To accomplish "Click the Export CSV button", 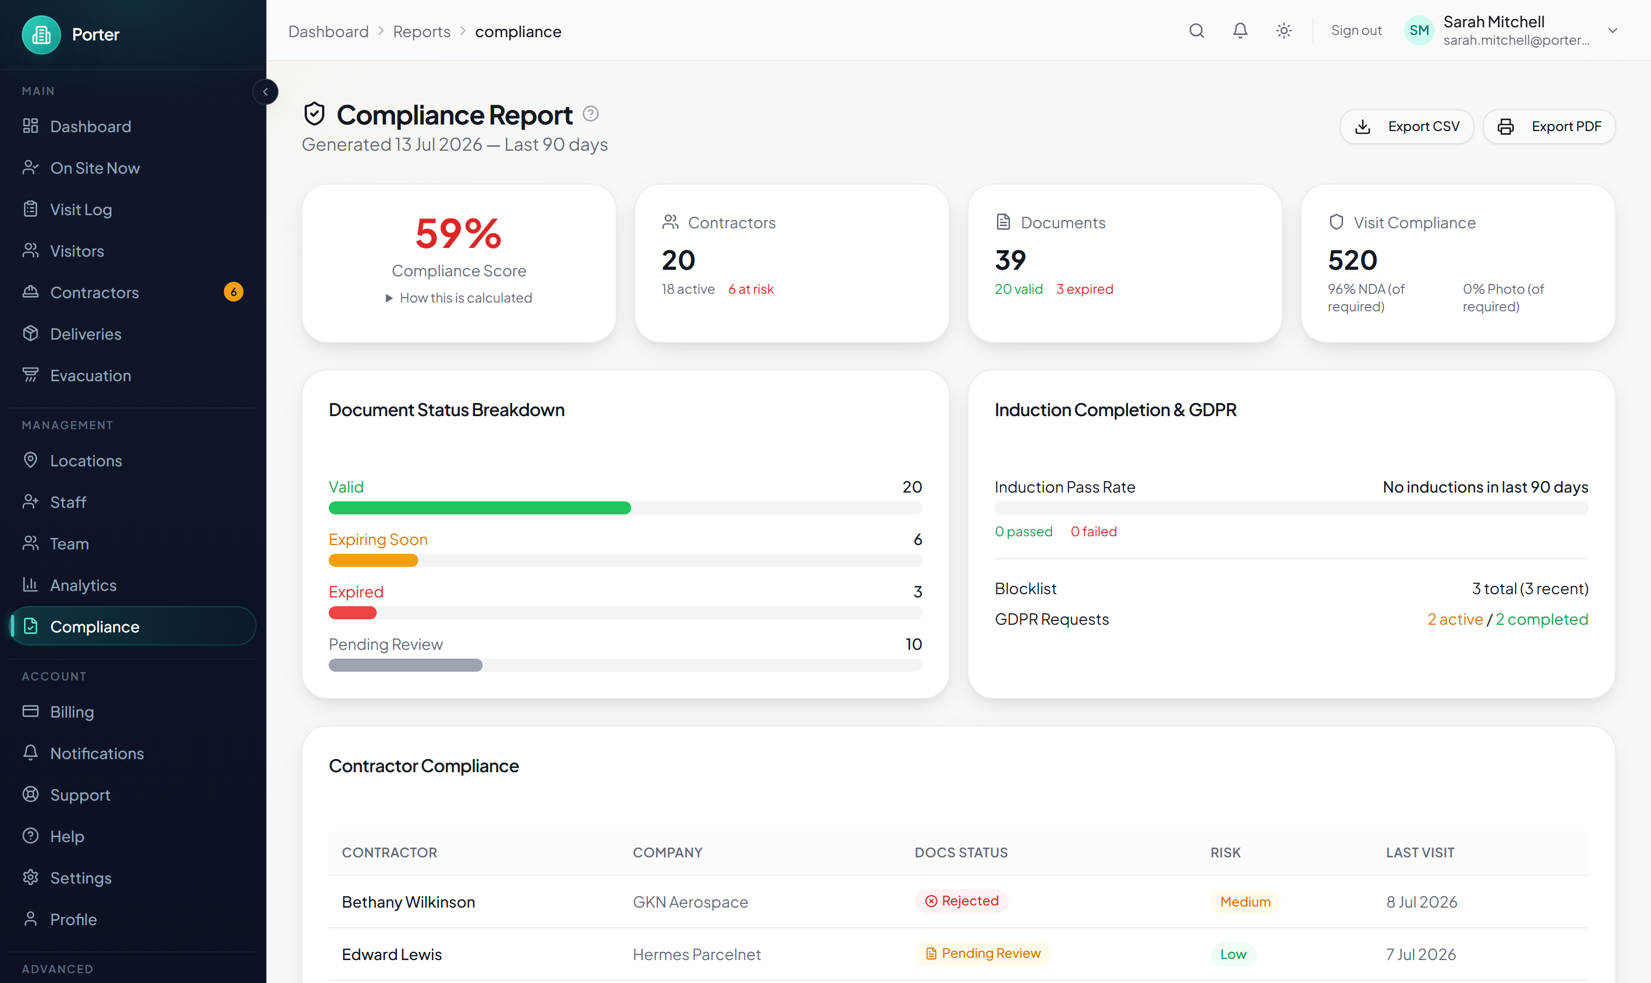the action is point(1406,127).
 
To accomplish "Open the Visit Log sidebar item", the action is point(81,209).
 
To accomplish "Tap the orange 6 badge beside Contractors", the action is point(233,292).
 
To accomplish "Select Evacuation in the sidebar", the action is point(91,376).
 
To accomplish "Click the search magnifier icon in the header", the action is point(1196,31).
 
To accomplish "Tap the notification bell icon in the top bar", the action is point(1240,31).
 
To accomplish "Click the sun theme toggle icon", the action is point(1284,31).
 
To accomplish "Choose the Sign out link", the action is point(1356,31).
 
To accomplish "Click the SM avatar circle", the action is point(1418,31).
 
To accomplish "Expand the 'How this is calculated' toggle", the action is point(459,298).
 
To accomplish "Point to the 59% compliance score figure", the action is point(458,234).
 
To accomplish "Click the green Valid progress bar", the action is point(479,508).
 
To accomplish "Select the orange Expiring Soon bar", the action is point(373,560).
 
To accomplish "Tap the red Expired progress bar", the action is point(352,613).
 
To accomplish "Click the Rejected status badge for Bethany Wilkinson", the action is point(961,901).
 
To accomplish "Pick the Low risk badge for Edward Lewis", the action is point(1233,954).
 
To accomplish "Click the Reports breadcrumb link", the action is point(421,32).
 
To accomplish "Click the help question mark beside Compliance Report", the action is point(590,114).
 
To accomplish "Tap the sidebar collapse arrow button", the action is point(265,91).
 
